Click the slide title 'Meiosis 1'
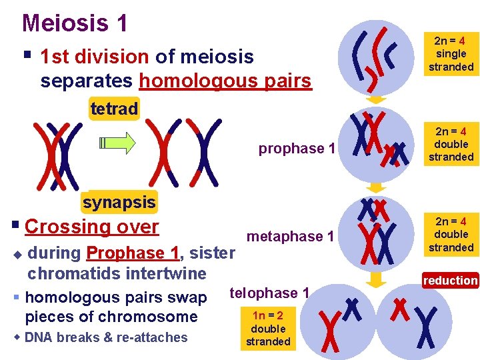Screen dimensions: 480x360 coord(75,23)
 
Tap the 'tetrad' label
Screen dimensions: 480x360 coord(114,109)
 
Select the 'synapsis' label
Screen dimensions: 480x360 coord(119,202)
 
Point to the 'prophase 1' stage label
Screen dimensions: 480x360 coord(297,149)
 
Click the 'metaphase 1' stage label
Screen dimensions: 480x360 coord(290,237)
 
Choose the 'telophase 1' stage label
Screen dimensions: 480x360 coord(269,293)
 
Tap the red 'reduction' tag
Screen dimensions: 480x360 coord(450,281)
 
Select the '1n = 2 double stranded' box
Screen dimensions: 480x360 coord(268,329)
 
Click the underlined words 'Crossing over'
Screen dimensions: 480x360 coord(92,227)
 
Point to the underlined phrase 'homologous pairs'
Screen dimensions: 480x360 coord(225,81)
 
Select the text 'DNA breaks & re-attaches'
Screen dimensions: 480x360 coord(106,337)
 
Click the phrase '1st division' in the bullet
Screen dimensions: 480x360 coord(94,57)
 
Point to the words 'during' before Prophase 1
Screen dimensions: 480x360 coord(55,253)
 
